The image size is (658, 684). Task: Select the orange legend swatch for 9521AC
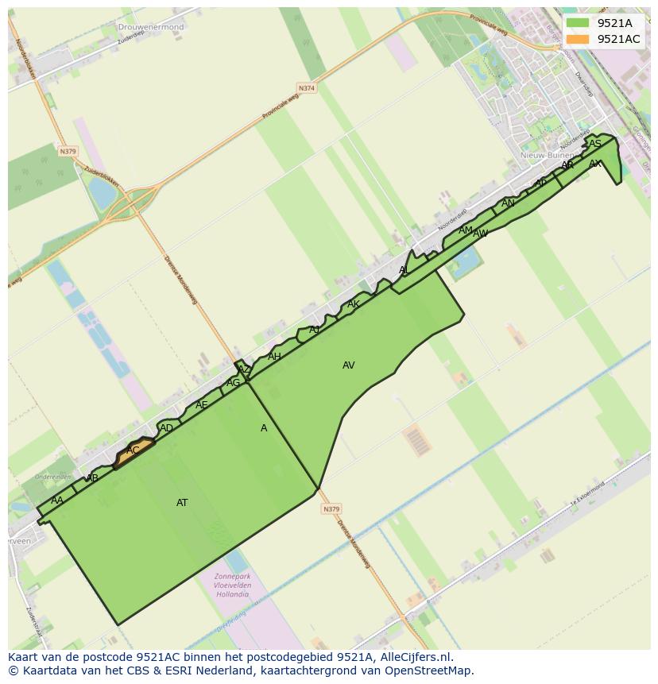[x=578, y=39]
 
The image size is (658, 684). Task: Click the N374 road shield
[x=307, y=88]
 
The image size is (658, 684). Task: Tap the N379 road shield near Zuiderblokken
[x=68, y=151]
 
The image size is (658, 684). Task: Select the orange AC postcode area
[x=134, y=452]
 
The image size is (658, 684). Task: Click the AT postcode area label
[x=182, y=503]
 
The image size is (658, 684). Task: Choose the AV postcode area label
[x=348, y=365]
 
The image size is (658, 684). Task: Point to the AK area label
[x=354, y=304]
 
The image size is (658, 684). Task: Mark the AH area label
[x=274, y=357]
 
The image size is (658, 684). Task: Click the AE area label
[x=202, y=405]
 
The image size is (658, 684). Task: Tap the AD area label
[x=166, y=428]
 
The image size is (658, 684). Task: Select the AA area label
[x=57, y=500]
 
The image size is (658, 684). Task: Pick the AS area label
[x=595, y=144]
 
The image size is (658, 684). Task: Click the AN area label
[x=508, y=203]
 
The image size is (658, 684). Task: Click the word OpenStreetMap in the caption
[x=432, y=670]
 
